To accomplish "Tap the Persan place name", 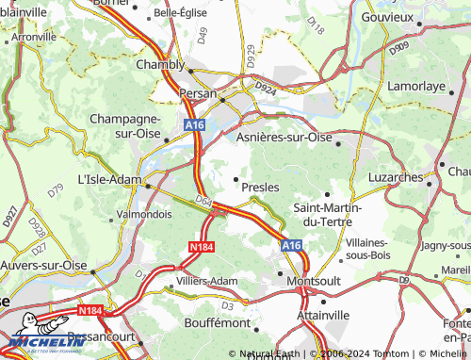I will pyautogui.click(x=198, y=94).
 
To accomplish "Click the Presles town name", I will pyautogui.click(x=260, y=187).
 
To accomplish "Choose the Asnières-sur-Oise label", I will pyautogui.click(x=294, y=137).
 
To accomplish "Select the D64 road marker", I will pyautogui.click(x=204, y=199).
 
